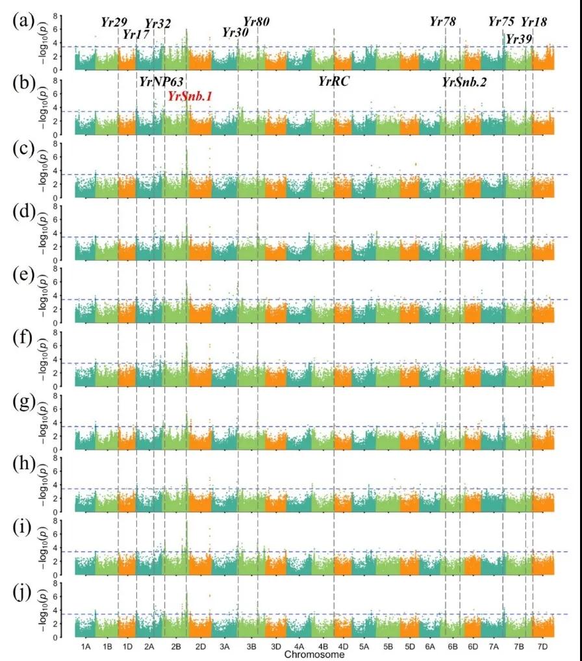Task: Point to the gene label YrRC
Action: pos(335,81)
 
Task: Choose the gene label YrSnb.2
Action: pos(464,81)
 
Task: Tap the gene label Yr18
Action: pos(534,22)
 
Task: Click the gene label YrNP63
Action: pos(161,81)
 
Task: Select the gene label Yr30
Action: pos(234,32)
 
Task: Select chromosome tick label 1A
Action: pos(86,647)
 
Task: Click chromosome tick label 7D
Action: pos(542,647)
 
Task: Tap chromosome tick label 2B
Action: pos(176,647)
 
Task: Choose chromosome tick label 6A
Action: pos(430,647)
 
